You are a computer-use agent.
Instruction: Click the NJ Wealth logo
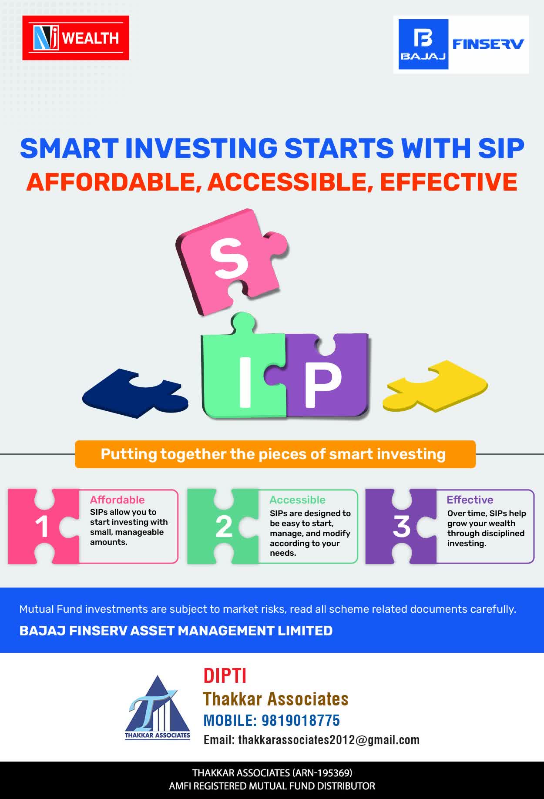pos(76,38)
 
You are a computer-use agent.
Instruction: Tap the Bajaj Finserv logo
pos(461,44)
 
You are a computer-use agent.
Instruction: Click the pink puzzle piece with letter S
pos(231,261)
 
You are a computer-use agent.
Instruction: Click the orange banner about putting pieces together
pos(275,454)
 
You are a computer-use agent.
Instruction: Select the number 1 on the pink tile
pos(42,527)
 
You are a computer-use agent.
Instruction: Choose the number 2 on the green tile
pos(224,527)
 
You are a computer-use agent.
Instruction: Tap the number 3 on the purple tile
pos(401,527)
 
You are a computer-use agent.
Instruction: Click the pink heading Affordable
pos(117,500)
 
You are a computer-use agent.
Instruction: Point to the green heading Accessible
pos(297,500)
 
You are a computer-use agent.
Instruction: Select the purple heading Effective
pos(470,500)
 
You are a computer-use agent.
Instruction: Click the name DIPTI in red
pos(225,676)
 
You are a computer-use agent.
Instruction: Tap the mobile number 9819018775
pos(300,720)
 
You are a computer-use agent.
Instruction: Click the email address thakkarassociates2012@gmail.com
pos(329,740)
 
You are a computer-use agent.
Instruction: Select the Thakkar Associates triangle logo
pos(158,707)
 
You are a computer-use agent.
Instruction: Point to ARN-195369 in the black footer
pos(322,773)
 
